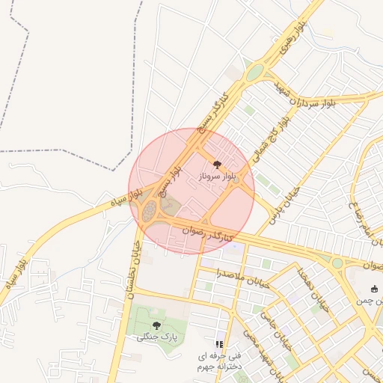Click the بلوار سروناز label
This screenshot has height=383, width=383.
pyautogui.click(x=218, y=174)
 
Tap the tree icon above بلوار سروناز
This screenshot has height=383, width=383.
pyautogui.click(x=217, y=162)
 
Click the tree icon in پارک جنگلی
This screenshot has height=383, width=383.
pyautogui.click(x=156, y=325)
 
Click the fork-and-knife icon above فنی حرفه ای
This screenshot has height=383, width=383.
pyautogui.click(x=219, y=343)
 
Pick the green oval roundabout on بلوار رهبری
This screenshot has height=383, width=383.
pyautogui.click(x=256, y=73)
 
